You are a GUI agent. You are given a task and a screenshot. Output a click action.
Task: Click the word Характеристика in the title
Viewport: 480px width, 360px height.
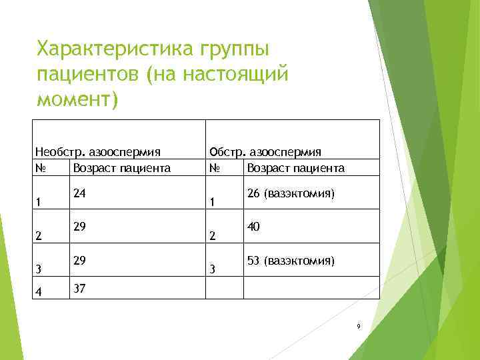[x=114, y=49]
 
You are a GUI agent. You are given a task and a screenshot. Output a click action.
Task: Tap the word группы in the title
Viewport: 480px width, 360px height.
[x=232, y=49]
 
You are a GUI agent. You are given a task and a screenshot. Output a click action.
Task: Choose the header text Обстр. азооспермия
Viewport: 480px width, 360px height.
[x=265, y=152]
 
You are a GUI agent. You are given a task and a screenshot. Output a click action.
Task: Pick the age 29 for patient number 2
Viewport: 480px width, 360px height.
[x=80, y=227]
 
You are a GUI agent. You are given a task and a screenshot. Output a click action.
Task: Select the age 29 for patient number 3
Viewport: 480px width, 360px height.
[x=80, y=261]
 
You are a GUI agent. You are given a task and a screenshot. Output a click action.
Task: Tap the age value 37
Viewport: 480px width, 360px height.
[x=80, y=287]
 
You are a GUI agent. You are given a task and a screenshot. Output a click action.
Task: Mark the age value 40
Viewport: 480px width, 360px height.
[x=253, y=227]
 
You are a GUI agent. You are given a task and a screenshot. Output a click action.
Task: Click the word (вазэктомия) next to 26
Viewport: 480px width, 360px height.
[x=299, y=194]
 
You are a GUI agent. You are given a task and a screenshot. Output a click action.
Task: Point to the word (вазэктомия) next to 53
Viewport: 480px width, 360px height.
[x=299, y=261]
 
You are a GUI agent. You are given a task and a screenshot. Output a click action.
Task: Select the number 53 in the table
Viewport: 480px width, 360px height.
[x=253, y=261]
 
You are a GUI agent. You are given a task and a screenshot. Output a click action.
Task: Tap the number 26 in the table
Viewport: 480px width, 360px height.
[x=253, y=194]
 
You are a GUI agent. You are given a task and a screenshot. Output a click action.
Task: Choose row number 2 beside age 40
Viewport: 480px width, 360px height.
[x=212, y=236]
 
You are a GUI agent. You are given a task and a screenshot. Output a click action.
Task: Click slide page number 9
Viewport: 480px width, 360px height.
[x=359, y=327]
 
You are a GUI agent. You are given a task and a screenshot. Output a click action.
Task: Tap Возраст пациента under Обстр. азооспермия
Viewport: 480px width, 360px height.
[x=295, y=168]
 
